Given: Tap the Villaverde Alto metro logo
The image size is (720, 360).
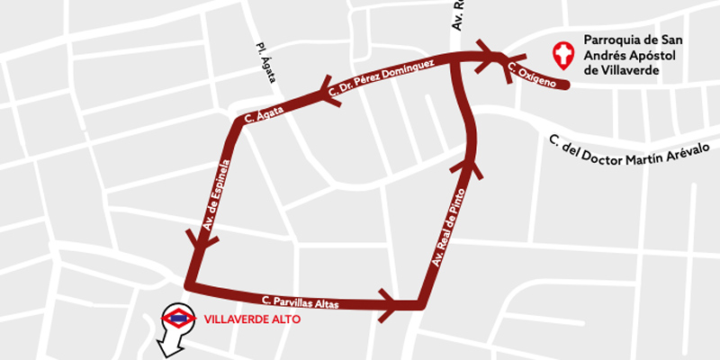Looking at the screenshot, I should point(179,317).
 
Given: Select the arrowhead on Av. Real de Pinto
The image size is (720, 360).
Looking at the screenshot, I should point(470,166).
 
